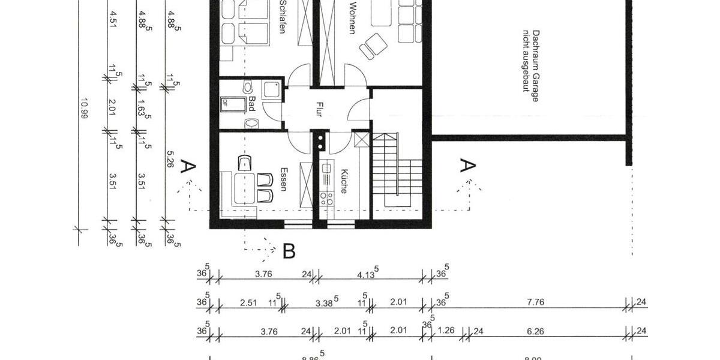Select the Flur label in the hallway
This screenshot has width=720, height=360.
[x=319, y=109]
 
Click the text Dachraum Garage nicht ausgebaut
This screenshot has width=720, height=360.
[x=530, y=65]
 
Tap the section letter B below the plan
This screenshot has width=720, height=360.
[x=289, y=251]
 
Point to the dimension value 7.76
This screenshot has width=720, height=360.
[x=535, y=302]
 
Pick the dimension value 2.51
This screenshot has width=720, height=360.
[x=248, y=302]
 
